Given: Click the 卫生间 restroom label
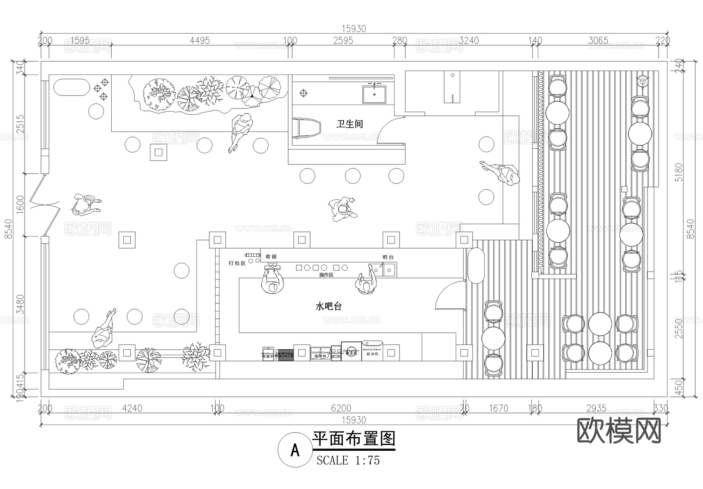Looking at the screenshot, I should pos(350,124).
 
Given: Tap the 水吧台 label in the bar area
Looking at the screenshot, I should pos(328,306).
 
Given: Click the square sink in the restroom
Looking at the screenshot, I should pos(374,94).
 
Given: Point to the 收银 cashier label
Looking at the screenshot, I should pos(271,256).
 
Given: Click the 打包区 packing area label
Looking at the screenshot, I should pos(237,263).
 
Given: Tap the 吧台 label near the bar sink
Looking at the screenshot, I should pos(388,257).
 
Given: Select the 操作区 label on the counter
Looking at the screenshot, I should pos(326,275).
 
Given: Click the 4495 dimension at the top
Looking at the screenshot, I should pos(200,40).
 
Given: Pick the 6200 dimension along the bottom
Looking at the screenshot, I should pos(341,408).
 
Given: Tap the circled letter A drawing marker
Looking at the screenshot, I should pos(295,450).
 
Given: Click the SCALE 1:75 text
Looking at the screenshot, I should pos(348,461).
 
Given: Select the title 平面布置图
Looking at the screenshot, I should pos(354,439).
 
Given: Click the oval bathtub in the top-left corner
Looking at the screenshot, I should pos(71,87).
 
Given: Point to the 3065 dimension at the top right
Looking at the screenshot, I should pos(598,40).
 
